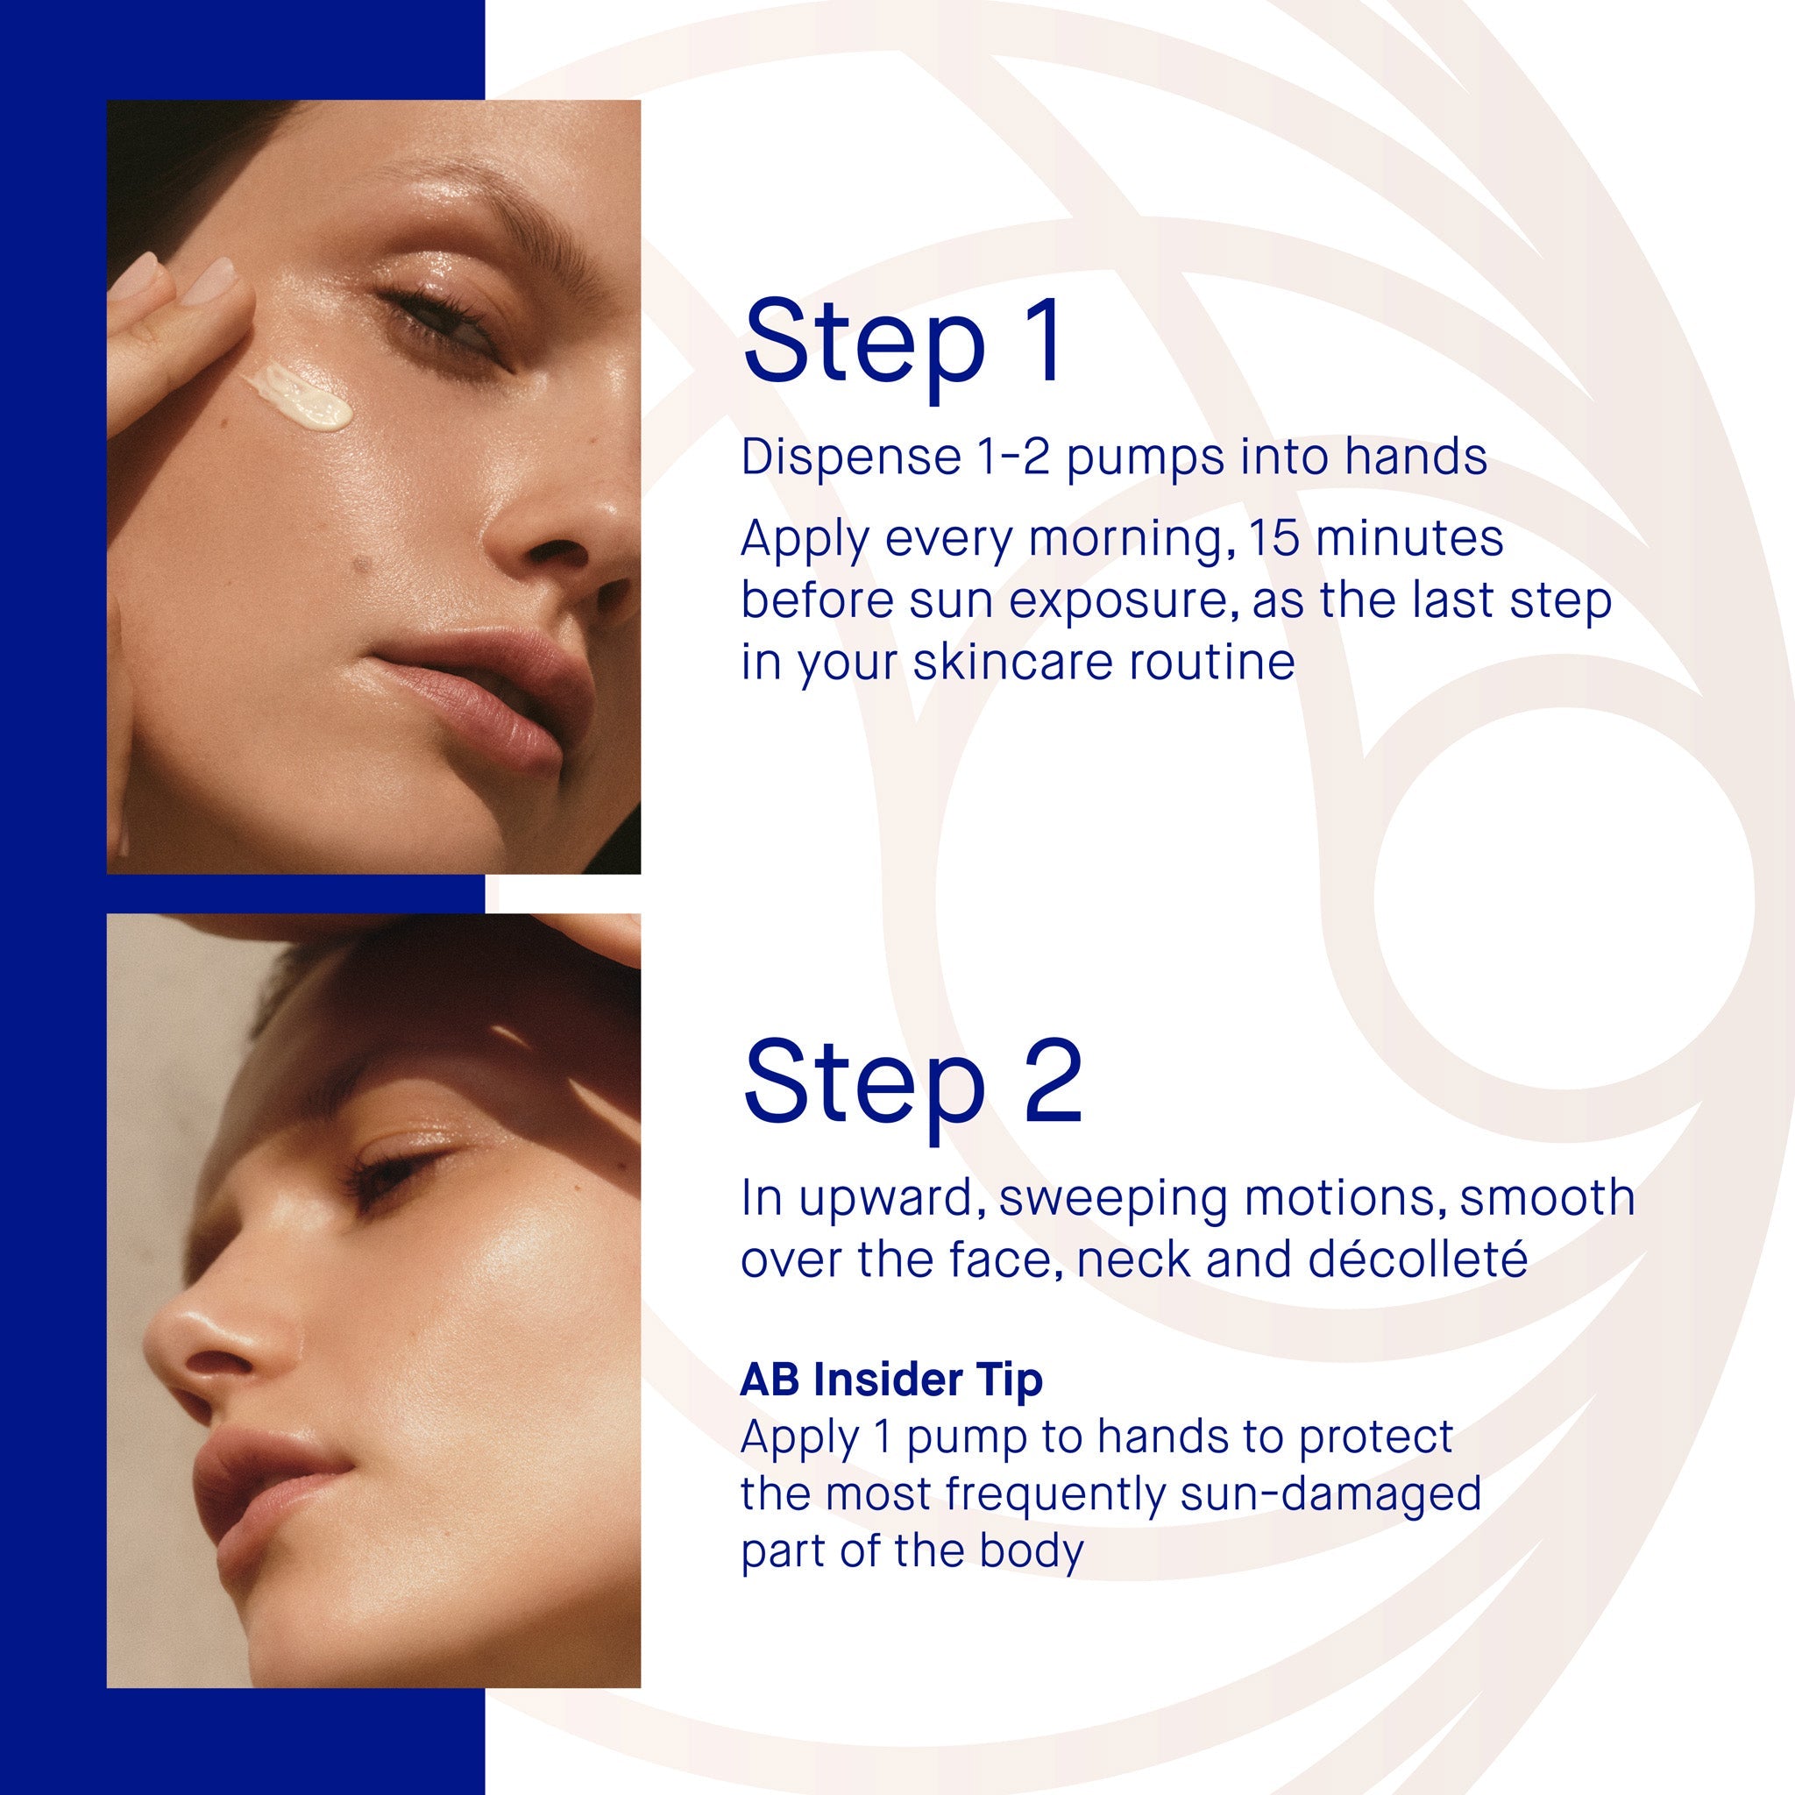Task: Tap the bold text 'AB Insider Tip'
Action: tap(891, 1380)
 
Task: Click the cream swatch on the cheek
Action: tap(298, 398)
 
